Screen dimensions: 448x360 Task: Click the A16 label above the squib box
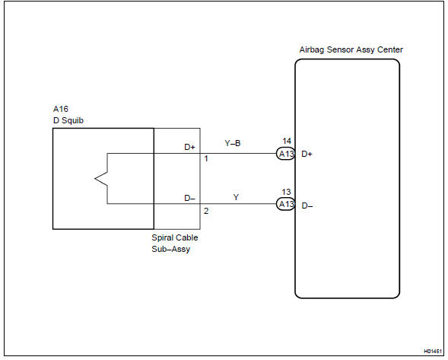[x=61, y=109]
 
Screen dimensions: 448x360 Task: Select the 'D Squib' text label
[x=68, y=120]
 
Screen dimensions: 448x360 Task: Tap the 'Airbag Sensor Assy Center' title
[x=351, y=49]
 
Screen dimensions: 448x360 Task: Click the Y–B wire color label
[x=233, y=143]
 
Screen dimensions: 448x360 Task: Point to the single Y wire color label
[x=236, y=197]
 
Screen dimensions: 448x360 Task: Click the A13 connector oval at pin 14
[x=285, y=154]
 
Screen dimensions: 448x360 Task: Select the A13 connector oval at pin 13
[x=285, y=204]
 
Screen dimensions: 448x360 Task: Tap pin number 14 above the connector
[x=287, y=141]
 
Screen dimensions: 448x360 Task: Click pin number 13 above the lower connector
[x=286, y=192]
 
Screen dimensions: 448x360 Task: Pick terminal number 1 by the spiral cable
[x=206, y=158]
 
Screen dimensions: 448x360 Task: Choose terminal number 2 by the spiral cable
[x=206, y=211]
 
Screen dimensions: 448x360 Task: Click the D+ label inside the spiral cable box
[x=189, y=147]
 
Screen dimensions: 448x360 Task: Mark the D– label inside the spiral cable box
[x=189, y=198]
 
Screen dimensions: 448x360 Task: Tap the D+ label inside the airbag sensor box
[x=307, y=154]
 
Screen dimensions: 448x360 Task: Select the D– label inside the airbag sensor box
[x=307, y=205]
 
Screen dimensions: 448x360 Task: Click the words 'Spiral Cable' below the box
[x=175, y=237]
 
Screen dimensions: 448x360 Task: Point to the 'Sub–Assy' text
[x=171, y=249]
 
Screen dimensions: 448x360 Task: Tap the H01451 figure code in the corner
[x=433, y=351]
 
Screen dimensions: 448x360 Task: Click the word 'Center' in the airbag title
[x=390, y=49]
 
